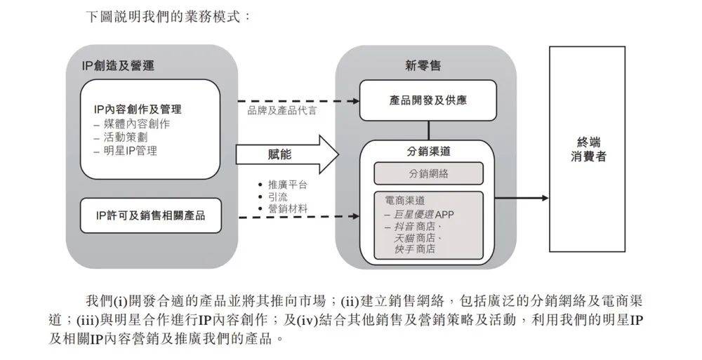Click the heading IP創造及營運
(x=118, y=66)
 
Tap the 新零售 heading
(x=423, y=66)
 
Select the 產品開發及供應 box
(x=428, y=100)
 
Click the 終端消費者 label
(x=588, y=149)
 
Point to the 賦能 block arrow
(x=287, y=154)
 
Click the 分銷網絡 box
(x=428, y=173)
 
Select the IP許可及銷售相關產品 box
(x=151, y=215)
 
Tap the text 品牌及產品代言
(x=282, y=110)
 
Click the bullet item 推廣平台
(x=283, y=185)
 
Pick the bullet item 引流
(x=273, y=197)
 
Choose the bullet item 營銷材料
(x=283, y=208)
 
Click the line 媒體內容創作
(x=132, y=124)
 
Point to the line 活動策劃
(x=121, y=138)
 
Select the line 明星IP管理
(x=126, y=151)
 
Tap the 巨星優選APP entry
(x=419, y=215)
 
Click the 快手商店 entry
(x=415, y=249)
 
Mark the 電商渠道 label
(x=405, y=201)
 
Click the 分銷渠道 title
(x=428, y=152)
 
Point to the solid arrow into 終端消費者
(x=522, y=198)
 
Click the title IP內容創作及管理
(x=138, y=109)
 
